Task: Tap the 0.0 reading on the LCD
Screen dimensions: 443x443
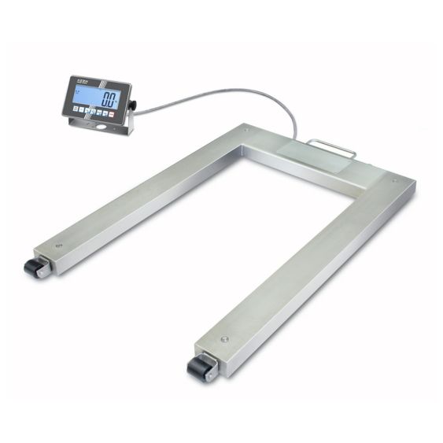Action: point(109,100)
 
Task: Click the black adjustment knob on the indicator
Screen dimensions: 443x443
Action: point(133,104)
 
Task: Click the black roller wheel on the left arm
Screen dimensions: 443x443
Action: point(35,268)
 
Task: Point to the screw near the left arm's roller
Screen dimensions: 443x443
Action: point(57,245)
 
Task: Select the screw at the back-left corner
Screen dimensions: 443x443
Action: point(246,130)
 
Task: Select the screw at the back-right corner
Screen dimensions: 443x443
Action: point(395,182)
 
